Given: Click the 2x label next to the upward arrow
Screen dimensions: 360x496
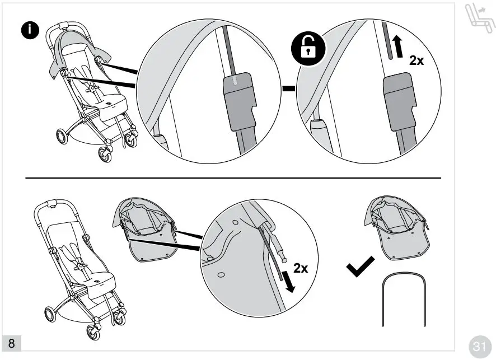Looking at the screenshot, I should pos(417,60).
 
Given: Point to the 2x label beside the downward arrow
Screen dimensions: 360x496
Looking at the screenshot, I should pos(301,268).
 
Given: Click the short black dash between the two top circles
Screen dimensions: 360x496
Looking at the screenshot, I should pos(288,88).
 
